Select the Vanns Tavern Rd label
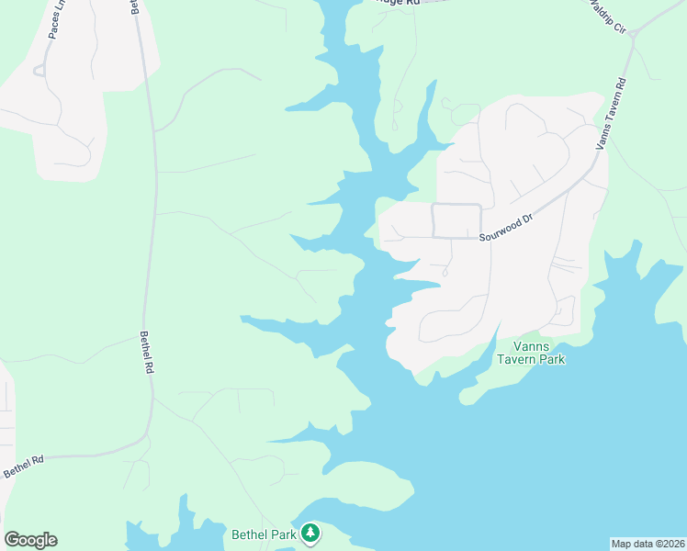coord(612,113)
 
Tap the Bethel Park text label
coord(264,534)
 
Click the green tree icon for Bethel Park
coord(310,533)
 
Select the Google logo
coord(30,540)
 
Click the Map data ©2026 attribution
coord(648,544)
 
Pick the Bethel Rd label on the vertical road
coord(147,352)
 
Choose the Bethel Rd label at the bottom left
coord(23,467)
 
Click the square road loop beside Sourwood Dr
coord(456,220)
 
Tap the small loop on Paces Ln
coord(39,71)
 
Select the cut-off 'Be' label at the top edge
coord(134,6)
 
